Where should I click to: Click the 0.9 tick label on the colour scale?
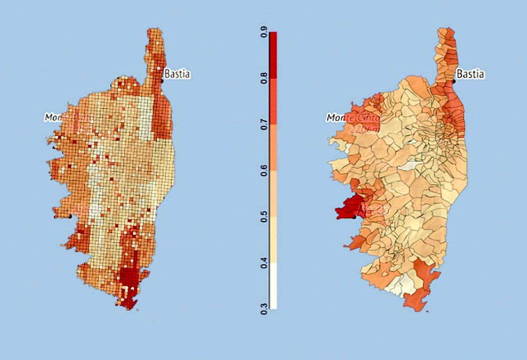point(265,33)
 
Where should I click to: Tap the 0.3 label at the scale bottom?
point(265,309)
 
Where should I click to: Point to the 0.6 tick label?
point(265,171)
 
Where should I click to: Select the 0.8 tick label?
point(265,79)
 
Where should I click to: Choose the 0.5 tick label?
point(265,217)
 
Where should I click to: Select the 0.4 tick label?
point(265,263)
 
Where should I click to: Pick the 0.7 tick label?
point(265,125)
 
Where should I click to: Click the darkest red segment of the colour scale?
point(273,55)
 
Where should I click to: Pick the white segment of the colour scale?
point(273,286)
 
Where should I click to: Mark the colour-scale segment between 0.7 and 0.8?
point(273,102)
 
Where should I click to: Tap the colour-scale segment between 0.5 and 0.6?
point(273,194)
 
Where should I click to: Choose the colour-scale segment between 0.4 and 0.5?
point(273,240)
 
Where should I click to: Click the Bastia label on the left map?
point(177,74)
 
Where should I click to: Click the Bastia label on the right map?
point(471,74)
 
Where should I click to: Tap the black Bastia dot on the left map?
point(162,81)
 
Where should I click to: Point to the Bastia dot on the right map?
point(455,81)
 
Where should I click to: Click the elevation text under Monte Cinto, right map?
point(363,128)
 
